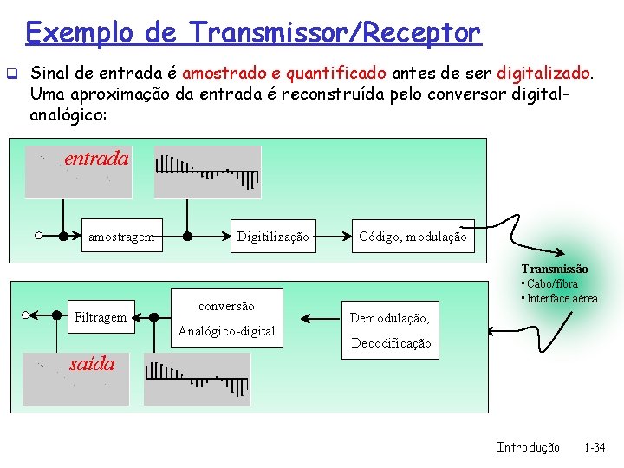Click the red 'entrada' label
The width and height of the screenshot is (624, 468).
coord(96,159)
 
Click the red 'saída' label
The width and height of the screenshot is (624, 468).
coord(92,364)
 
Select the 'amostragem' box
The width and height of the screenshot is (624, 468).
coord(120,237)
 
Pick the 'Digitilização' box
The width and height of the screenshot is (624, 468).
coord(273,237)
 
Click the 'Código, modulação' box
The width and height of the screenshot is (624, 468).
coord(413,237)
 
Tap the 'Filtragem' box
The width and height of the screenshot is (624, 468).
coord(101,317)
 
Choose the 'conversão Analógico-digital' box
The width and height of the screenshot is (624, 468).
coord(227,318)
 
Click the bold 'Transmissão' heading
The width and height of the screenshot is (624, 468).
coord(554,270)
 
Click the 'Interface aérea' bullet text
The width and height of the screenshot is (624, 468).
coord(562,298)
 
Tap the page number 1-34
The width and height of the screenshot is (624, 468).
coord(595,447)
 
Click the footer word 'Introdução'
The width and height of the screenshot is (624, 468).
coord(528,447)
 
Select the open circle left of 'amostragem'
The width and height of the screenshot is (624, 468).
coord(40,236)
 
